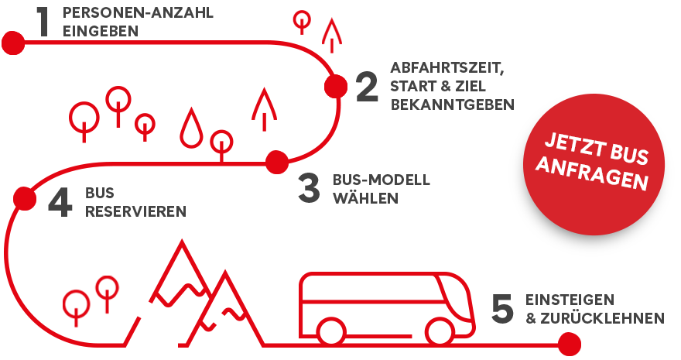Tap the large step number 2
[x=367, y=87]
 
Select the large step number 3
[x=310, y=187]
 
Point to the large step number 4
[x=60, y=202]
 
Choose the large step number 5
[x=502, y=308]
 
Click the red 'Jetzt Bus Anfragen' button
[x=594, y=164]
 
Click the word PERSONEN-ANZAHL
[x=138, y=12]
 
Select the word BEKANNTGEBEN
[x=452, y=105]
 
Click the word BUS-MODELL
[x=382, y=180]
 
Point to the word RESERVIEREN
[x=135, y=211]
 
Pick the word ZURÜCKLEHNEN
[x=602, y=318]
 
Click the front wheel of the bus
[x=440, y=332]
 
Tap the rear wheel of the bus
[x=332, y=332]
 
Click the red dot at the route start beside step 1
[x=13, y=43]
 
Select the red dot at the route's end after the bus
[x=569, y=345]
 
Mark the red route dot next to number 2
[x=336, y=87]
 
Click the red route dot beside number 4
[x=25, y=198]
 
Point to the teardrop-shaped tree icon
[x=191, y=128]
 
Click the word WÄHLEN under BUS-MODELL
[x=365, y=197]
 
